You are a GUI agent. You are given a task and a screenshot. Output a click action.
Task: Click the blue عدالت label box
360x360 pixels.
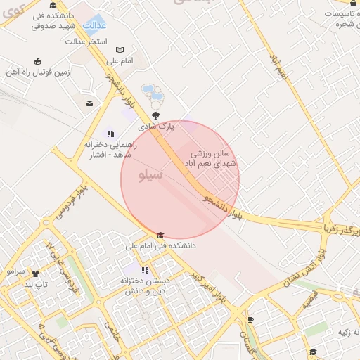click(95, 26)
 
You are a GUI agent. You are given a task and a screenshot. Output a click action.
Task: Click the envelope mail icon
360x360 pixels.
click(89, 103)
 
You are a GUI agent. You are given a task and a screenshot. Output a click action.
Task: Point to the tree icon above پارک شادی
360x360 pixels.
click(155, 117)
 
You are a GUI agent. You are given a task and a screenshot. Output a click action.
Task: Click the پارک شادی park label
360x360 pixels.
click(155, 127)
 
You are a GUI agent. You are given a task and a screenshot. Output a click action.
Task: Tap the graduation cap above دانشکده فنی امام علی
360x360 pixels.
click(160, 236)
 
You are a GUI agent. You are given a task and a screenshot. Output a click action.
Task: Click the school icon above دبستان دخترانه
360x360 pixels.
click(145, 270)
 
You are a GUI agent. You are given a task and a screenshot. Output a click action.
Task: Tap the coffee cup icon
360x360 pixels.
click(250, 319)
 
